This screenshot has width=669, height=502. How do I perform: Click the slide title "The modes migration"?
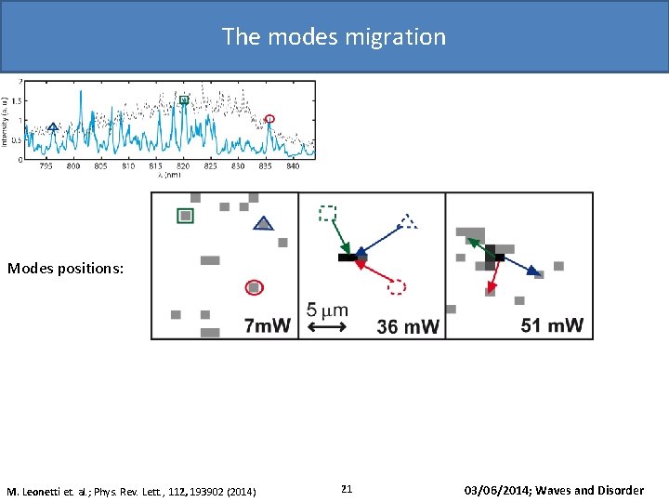point(334,37)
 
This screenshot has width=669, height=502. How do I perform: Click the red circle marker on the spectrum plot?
point(270,119)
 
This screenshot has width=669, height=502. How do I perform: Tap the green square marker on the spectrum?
point(184,99)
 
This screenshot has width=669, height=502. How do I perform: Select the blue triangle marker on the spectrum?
point(53,126)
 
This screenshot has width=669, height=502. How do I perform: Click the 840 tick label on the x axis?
point(293,166)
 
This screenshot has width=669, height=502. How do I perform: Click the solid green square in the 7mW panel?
point(186,216)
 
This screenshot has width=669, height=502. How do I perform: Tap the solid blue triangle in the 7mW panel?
point(264,223)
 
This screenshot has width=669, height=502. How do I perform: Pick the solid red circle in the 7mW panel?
point(254,287)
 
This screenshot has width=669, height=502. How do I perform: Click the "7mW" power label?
point(267,325)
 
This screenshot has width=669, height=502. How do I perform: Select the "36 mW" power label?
point(408,326)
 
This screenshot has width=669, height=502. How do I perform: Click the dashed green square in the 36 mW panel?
point(327,213)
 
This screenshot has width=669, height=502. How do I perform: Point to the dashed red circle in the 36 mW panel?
point(397,287)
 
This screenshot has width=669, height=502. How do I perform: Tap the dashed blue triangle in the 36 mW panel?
point(407,221)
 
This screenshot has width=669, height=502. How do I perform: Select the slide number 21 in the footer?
point(347,489)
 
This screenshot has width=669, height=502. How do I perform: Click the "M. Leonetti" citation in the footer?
point(131,491)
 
